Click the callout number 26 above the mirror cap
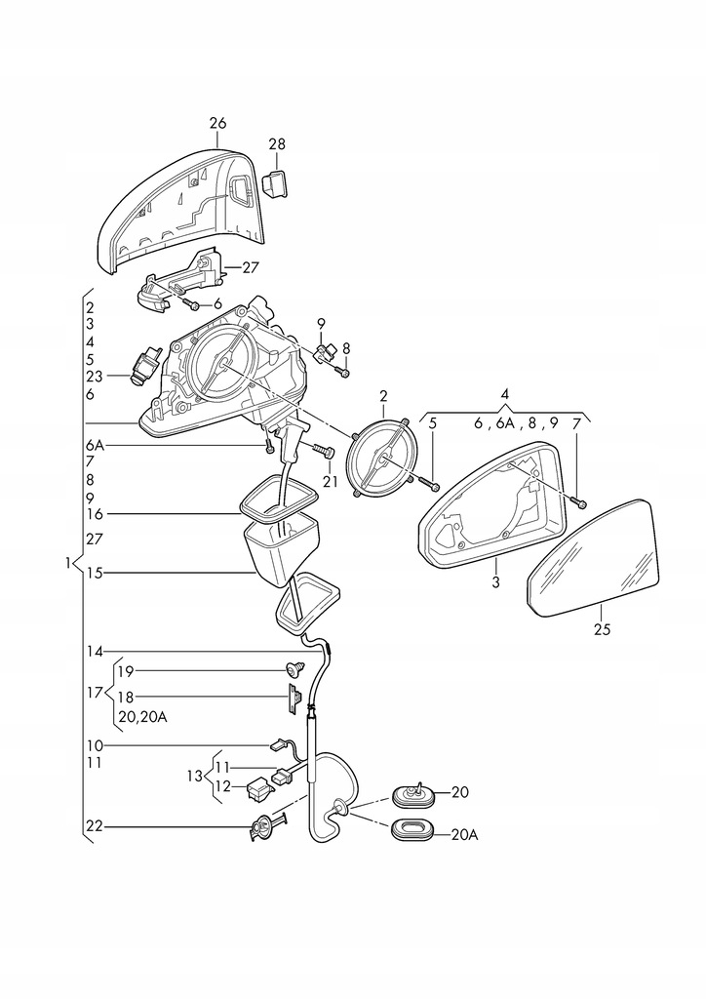[217, 123]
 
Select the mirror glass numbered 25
[592, 558]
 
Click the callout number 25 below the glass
[602, 629]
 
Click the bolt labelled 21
[321, 452]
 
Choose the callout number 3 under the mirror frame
[496, 581]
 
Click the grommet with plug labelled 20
[412, 794]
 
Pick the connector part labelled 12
[258, 790]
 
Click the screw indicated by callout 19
[294, 669]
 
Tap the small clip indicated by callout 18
[294, 699]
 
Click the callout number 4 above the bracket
[504, 393]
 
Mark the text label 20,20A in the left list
[142, 717]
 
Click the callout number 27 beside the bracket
[251, 267]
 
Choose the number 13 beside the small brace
[195, 776]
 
